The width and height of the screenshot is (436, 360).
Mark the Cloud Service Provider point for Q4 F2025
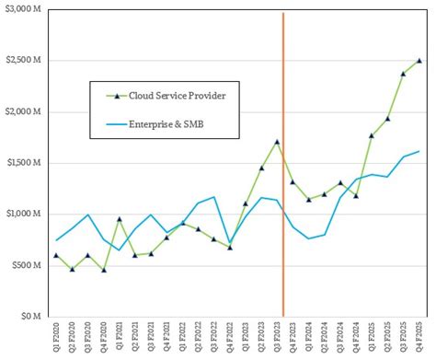(x=419, y=61)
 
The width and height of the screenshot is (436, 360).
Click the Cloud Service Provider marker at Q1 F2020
(x=56, y=255)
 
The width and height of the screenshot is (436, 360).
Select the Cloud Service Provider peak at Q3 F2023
(x=277, y=142)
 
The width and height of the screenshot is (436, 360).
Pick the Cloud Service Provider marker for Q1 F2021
(x=120, y=219)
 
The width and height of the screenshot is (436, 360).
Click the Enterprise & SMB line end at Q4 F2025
(x=419, y=151)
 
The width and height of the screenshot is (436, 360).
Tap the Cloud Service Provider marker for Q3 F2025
(x=403, y=74)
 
